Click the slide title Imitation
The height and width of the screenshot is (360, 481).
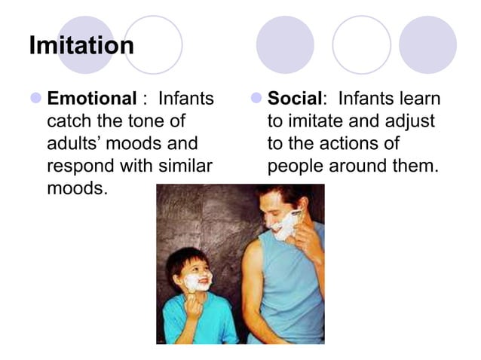pos(81,46)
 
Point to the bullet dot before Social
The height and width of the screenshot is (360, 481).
pos(256,99)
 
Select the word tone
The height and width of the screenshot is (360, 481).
pos(147,121)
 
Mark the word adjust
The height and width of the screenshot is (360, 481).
pos(409,121)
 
